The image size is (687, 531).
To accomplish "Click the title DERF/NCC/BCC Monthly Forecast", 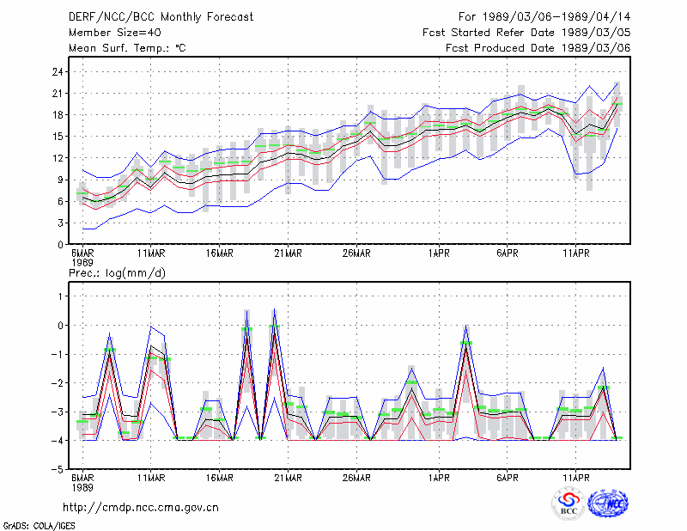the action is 161,17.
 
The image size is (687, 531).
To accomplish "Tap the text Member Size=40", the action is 115,33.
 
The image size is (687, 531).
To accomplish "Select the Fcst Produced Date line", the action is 538,48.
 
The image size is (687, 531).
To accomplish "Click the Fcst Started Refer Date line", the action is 526,33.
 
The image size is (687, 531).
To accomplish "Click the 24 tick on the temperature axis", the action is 58,72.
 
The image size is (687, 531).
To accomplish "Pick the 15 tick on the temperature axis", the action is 58,137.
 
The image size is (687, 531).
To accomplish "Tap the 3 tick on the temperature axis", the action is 60,223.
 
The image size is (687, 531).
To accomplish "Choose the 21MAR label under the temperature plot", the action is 288,253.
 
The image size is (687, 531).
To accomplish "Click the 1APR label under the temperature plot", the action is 439,253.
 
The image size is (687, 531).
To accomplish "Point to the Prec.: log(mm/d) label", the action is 117,273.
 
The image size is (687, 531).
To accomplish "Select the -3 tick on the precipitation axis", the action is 56,412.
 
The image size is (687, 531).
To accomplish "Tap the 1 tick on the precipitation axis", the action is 60,296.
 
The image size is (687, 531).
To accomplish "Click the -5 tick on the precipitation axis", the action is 56,470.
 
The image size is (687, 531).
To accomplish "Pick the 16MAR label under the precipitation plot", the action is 220,478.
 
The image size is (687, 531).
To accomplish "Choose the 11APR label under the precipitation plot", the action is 575,478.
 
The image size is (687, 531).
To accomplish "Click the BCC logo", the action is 568,504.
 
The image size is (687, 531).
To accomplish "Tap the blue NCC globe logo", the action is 608,504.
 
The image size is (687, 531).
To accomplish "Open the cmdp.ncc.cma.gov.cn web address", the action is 141,508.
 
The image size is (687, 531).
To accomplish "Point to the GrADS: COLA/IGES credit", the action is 39,526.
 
